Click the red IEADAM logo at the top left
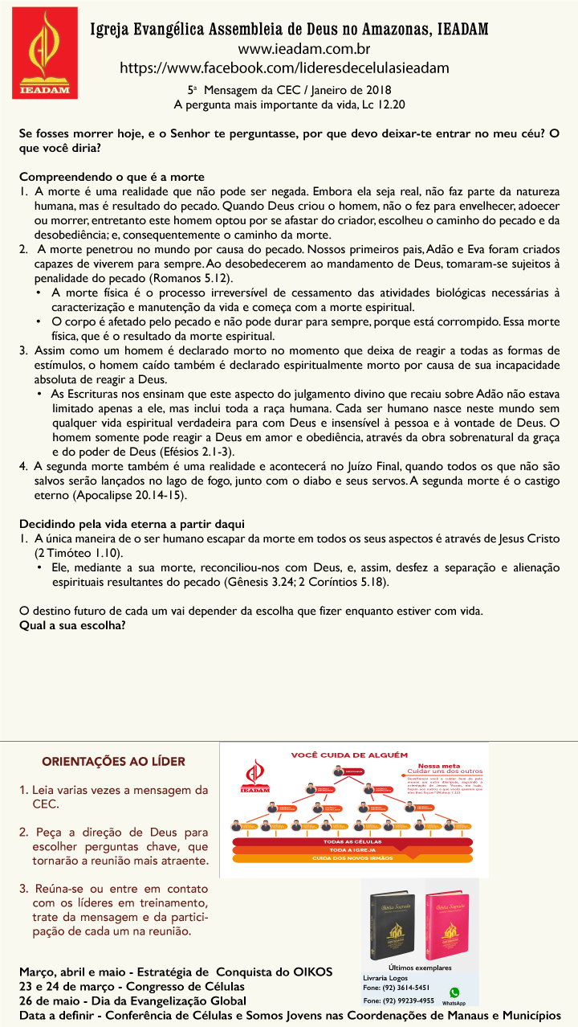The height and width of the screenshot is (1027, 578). (46, 52)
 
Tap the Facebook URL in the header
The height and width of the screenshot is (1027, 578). (284, 68)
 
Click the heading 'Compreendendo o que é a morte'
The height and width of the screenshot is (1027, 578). (112, 177)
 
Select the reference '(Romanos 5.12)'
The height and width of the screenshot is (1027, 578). (192, 277)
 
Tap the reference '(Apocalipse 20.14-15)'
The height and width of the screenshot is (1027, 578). (132, 495)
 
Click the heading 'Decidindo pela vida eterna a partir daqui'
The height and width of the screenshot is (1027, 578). (132, 523)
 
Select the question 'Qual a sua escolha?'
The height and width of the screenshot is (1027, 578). (72, 624)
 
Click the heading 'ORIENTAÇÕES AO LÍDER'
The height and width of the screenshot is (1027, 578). (113, 761)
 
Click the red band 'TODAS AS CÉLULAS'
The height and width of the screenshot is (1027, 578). (353, 841)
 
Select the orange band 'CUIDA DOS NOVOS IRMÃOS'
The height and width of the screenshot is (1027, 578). (353, 857)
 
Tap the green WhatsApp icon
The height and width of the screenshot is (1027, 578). (454, 992)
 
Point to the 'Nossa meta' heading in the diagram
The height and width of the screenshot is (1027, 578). (440, 766)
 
